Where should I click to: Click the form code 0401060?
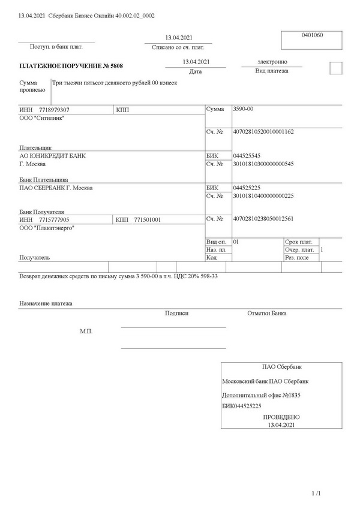(312, 35)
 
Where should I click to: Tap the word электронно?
(272, 61)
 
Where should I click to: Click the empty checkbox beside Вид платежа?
(336, 68)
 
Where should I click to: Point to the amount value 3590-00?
(243, 110)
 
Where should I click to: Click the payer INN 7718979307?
(53, 110)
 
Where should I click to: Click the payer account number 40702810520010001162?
(263, 131)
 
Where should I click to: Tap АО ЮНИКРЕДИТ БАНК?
(53, 155)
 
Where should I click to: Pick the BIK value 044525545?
(246, 155)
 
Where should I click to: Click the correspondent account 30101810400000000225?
(263, 195)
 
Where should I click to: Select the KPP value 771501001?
(147, 220)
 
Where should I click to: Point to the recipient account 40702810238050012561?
(263, 219)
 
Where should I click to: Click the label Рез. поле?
(298, 257)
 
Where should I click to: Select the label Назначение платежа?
(46, 303)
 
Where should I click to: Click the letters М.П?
(86, 331)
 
